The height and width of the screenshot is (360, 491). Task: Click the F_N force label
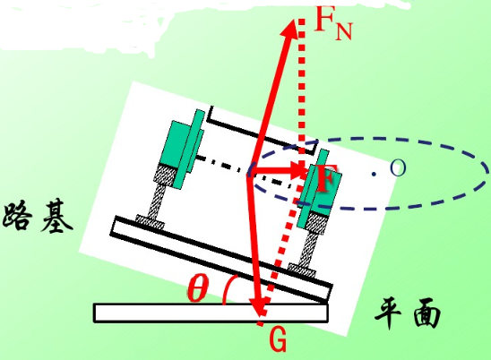click(333, 23)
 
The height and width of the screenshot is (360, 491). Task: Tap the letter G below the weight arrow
click(278, 340)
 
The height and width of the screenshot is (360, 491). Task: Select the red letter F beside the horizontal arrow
click(326, 178)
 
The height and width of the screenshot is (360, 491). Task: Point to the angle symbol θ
click(198, 288)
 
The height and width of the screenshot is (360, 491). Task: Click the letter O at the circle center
click(398, 167)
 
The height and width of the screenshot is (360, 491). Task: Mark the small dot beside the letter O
click(374, 174)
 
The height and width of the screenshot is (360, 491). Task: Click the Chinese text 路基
click(38, 216)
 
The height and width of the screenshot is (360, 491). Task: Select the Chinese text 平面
click(408, 313)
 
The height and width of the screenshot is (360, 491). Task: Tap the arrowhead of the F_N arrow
click(290, 29)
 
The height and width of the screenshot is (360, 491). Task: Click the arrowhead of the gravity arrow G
click(259, 306)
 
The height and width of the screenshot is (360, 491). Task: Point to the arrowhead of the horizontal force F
click(298, 171)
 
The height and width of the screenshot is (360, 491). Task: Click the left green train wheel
click(182, 149)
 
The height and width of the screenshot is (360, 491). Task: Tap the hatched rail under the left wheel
click(159, 194)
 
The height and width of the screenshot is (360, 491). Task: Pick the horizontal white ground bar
click(211, 313)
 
